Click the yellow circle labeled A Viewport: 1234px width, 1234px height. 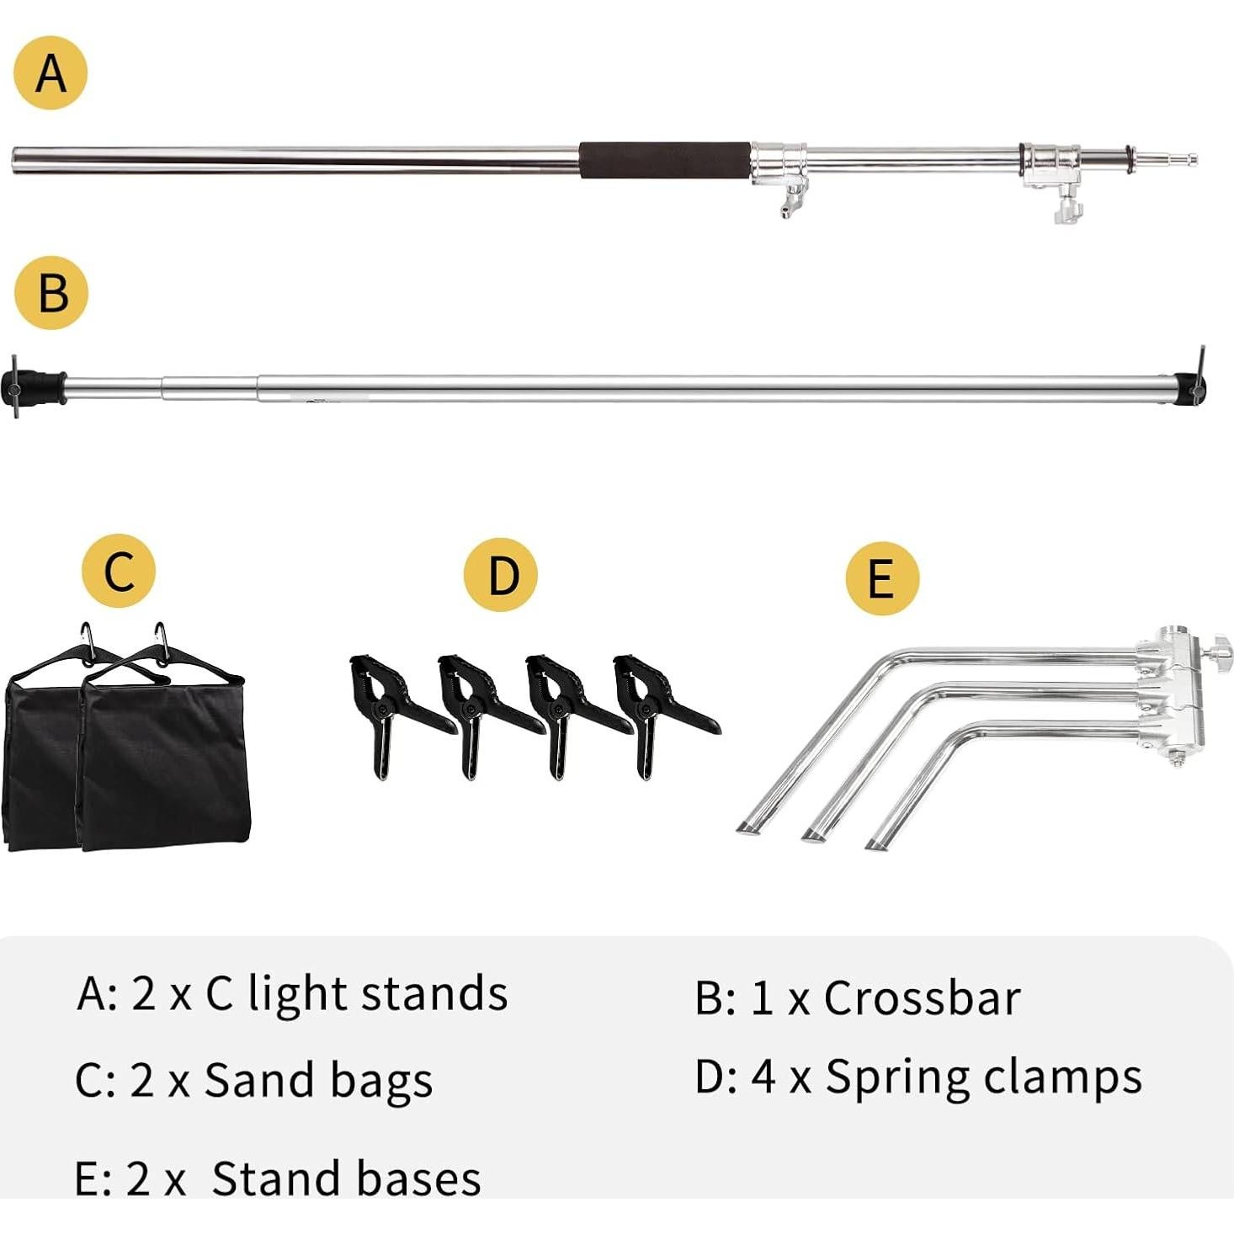[x=51, y=72]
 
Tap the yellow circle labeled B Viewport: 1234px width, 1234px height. [x=51, y=292]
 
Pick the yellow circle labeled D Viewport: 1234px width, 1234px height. [x=501, y=574]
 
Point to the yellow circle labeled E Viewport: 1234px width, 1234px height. [x=881, y=578]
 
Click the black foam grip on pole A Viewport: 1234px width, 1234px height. [x=664, y=160]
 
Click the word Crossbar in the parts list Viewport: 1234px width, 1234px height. [x=922, y=998]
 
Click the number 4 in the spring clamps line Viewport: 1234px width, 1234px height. [x=763, y=1077]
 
